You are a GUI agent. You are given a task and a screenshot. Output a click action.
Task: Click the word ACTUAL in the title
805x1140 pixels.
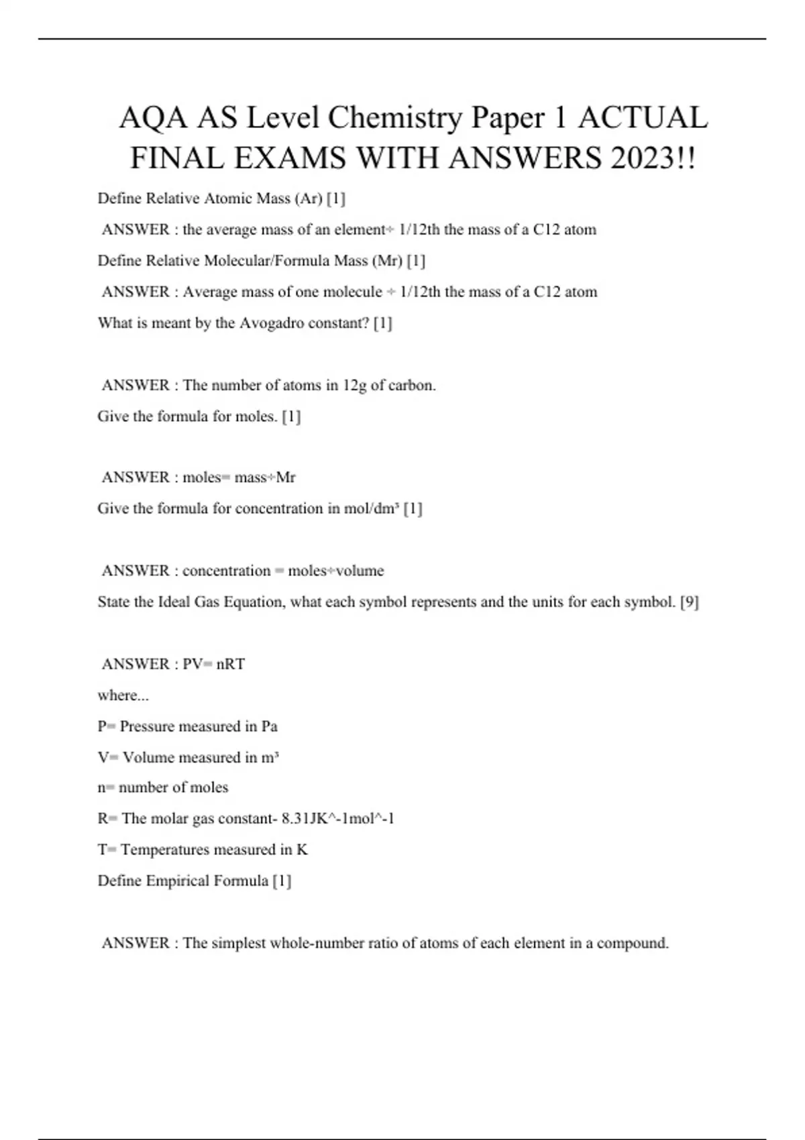coord(642,118)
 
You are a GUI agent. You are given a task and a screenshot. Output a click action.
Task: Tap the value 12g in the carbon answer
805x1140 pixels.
coord(355,386)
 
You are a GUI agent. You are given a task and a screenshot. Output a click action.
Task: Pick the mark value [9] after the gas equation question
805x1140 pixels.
coord(689,602)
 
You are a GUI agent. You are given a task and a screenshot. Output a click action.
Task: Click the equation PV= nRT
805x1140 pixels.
coord(214,665)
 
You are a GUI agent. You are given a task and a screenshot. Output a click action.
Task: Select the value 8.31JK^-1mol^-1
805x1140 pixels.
coord(338,819)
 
